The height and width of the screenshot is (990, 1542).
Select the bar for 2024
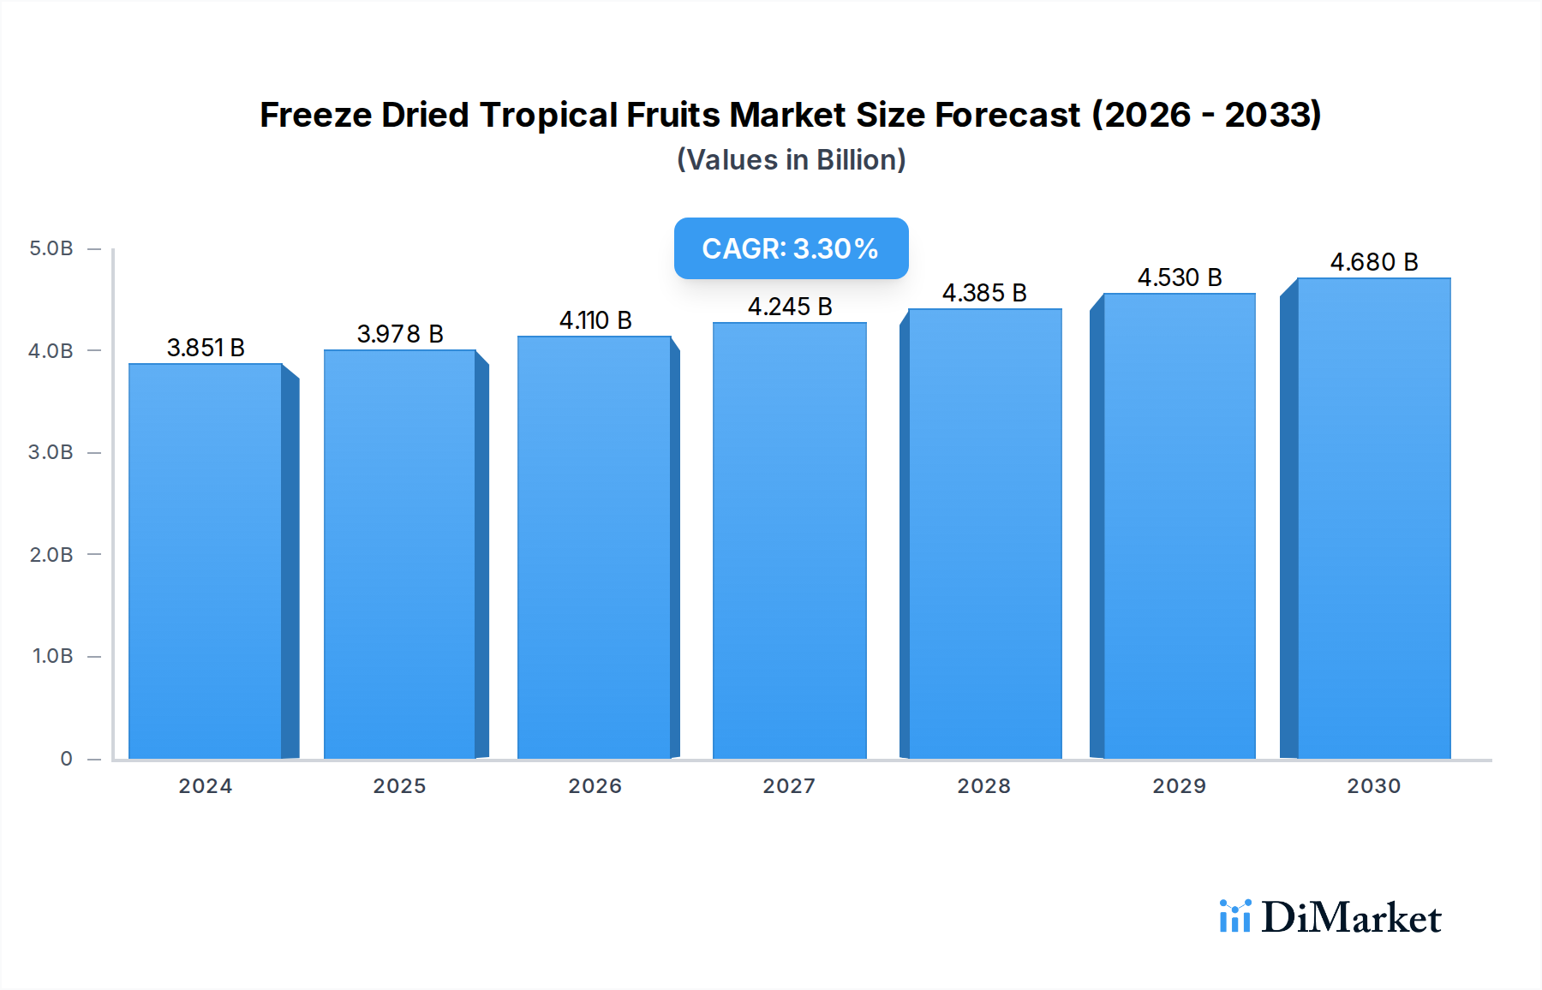point(206,561)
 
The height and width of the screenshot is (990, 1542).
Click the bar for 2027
point(789,540)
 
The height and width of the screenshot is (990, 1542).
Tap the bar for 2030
point(1373,518)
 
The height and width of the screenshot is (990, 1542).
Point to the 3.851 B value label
point(206,348)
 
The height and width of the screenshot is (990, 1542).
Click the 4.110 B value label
point(595,320)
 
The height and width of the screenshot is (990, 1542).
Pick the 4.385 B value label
point(984,293)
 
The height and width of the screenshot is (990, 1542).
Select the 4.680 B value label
point(1373,262)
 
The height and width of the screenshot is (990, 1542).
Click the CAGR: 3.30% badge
point(791,248)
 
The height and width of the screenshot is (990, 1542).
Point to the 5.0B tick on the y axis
point(51,248)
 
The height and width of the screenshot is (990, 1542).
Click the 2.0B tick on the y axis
point(51,555)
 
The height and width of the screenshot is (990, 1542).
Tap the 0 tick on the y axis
point(66,759)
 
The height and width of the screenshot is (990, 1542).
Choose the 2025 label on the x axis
point(399,786)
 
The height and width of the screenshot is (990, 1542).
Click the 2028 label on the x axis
point(983,786)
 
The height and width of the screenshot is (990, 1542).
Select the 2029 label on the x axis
point(1179,786)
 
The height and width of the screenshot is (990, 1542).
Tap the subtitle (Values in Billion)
point(791,160)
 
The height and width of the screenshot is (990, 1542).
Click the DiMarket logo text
point(1351,918)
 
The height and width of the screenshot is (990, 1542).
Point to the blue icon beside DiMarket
point(1234,916)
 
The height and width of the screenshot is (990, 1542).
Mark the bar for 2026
point(595,547)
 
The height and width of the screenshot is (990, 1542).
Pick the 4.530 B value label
point(1179,277)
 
